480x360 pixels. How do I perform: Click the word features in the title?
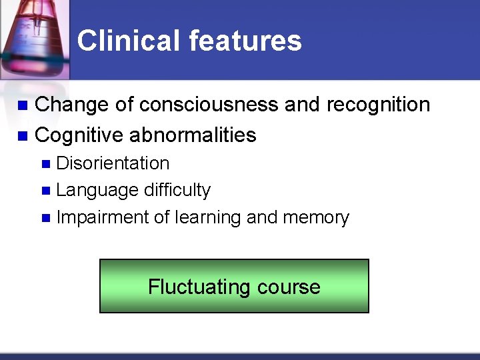(245, 41)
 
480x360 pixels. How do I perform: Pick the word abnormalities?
(193, 135)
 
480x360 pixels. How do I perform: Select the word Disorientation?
(113, 163)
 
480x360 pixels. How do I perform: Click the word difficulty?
(177, 190)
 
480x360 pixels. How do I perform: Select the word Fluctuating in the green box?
(189, 287)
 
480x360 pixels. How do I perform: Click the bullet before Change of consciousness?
(22, 105)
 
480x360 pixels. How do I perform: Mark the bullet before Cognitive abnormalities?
(22, 136)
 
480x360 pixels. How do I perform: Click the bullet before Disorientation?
(45, 164)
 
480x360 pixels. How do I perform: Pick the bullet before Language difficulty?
(45, 191)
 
